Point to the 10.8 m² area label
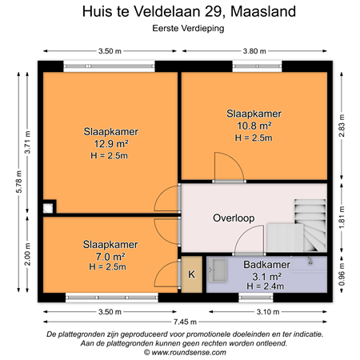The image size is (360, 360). pos(254,126)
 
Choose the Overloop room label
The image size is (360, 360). pos(234,218)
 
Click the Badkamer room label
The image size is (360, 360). pos(266,264)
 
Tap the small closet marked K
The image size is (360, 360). pos(191,274)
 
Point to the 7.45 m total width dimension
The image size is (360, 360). pos(186,318)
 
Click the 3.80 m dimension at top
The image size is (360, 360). pos(253,50)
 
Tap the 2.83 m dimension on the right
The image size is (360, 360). pos(342,126)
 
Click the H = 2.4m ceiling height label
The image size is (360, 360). pos(266,286)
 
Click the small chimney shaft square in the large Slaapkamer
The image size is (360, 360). pos(50,206)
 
